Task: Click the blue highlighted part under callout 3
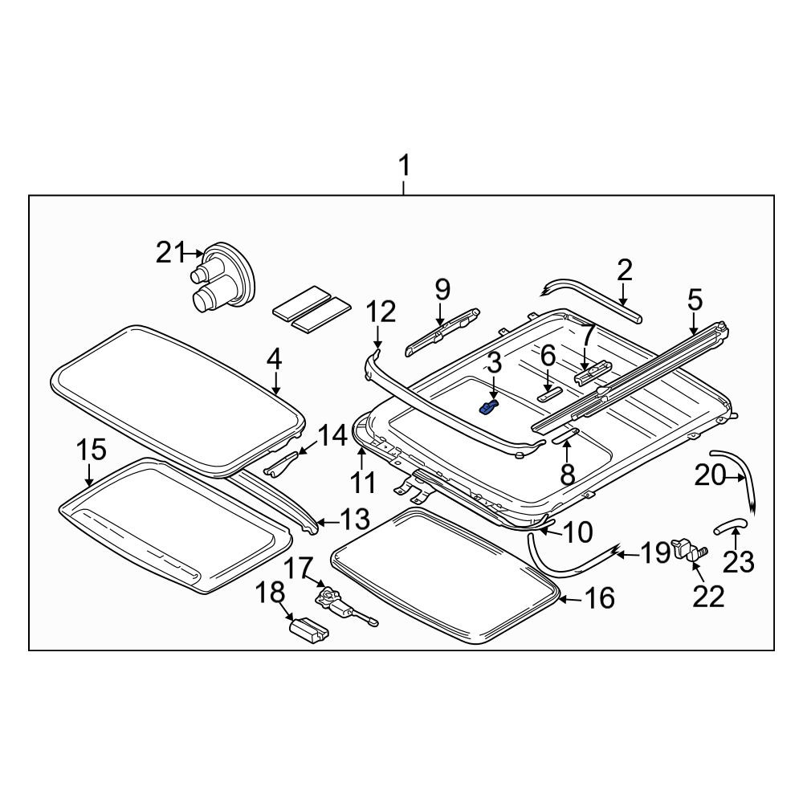pos(487,407)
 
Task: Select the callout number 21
pos(170,252)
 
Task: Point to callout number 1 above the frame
pos(404,166)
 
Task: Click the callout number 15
pos(92,450)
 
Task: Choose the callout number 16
pos(599,597)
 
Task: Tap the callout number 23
pos(739,562)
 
